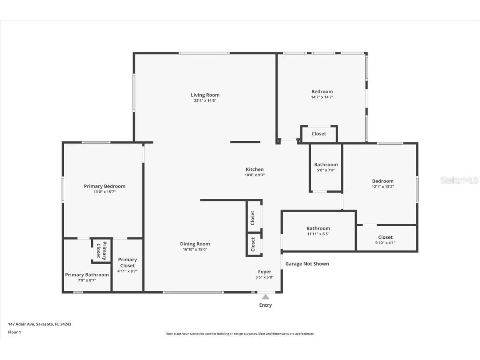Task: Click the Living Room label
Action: click(205, 95)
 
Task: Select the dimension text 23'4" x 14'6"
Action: click(205, 100)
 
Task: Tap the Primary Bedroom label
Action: click(105, 186)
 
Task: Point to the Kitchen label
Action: click(255, 169)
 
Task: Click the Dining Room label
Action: click(195, 244)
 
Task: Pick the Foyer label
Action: click(265, 272)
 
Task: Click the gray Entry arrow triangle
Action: click(265, 297)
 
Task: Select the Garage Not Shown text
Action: click(307, 264)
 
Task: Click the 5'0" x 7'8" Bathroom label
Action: click(326, 165)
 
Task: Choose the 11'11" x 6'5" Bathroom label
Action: click(318, 228)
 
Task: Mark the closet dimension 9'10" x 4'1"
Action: click(385, 243)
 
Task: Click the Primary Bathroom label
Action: click(87, 275)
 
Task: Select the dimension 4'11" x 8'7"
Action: click(127, 271)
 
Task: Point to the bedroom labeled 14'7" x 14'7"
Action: click(322, 92)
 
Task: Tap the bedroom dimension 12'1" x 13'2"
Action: click(382, 187)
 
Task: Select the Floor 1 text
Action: click(14, 332)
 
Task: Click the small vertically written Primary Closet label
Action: click(101, 250)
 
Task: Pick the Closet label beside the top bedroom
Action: click(319, 134)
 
